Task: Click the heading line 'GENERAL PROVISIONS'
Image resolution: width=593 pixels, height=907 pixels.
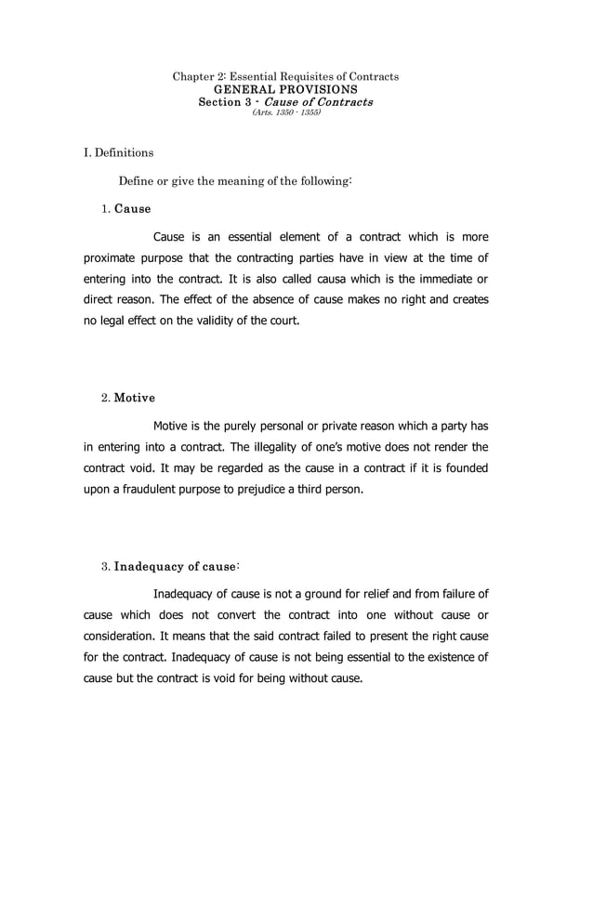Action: pyautogui.click(x=286, y=88)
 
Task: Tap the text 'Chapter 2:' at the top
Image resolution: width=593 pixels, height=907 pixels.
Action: pyautogui.click(x=198, y=75)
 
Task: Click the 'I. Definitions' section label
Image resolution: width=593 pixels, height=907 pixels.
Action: pyautogui.click(x=119, y=152)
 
